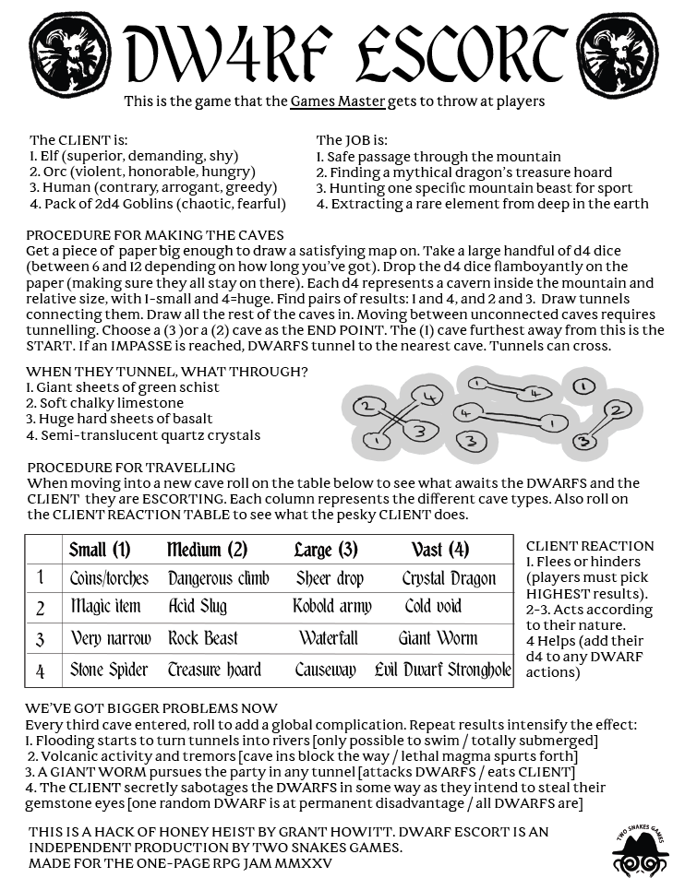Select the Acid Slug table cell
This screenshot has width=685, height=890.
click(197, 607)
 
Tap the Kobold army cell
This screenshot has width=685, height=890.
click(331, 607)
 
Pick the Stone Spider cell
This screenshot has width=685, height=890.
click(109, 670)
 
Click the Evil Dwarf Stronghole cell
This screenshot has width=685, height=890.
click(443, 670)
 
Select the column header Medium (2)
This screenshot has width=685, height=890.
click(207, 551)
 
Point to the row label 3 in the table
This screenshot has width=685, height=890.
click(41, 639)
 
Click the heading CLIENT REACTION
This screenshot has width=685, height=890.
click(589, 546)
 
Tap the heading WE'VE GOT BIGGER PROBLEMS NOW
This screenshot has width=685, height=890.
click(152, 708)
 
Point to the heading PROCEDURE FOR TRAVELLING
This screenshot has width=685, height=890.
click(131, 468)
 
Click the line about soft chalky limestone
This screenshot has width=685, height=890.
click(104, 403)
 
